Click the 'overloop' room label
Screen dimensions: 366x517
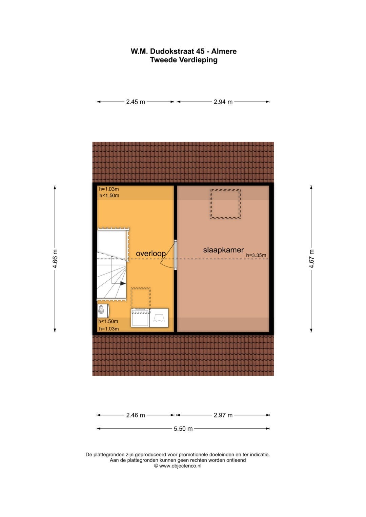[151, 254]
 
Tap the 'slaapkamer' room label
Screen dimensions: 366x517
[223, 250]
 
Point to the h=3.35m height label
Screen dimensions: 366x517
[256, 255]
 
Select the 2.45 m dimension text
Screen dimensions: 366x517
[136, 102]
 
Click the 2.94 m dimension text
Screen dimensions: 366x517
[223, 102]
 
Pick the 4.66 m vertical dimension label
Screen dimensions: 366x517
[55, 259]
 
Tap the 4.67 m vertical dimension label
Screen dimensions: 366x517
[311, 259]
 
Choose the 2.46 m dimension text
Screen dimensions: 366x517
[136, 415]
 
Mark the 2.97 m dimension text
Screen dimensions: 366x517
[223, 415]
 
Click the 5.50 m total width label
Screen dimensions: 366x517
[183, 429]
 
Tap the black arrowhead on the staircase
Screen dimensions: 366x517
[123, 283]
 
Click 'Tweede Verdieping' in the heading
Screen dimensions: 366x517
[184, 60]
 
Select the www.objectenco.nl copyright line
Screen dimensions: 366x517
[178, 466]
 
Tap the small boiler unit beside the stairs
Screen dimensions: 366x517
[103, 311]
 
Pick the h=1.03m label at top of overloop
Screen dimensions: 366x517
[109, 189]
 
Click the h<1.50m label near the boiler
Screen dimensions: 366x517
[108, 321]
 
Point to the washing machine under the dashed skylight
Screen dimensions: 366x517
[140, 318]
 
